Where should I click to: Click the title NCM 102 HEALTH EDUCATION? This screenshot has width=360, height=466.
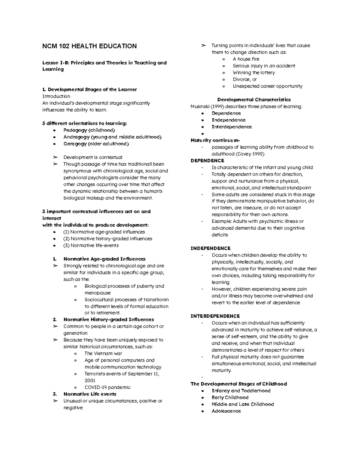[x=89, y=46]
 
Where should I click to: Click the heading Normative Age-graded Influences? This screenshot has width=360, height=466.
[x=104, y=259]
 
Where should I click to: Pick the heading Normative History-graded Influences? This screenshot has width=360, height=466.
[x=109, y=320]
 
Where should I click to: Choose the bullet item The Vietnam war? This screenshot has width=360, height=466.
[x=103, y=353]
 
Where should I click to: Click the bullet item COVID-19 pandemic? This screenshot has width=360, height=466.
[x=107, y=387]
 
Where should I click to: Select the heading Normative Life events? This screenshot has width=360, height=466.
[x=90, y=394]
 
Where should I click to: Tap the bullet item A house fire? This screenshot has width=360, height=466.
[x=246, y=59]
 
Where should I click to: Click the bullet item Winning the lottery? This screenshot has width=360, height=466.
[x=253, y=73]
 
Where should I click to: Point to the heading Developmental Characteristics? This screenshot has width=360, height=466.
[x=254, y=100]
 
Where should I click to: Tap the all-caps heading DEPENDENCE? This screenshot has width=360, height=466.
[x=207, y=161]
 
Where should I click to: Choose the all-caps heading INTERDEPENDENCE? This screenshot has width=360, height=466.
[x=215, y=316]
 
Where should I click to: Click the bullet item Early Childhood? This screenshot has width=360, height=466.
[x=230, y=398]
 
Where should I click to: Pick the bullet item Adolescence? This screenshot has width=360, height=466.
[x=226, y=411]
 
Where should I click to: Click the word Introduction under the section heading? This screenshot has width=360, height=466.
[x=56, y=96]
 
